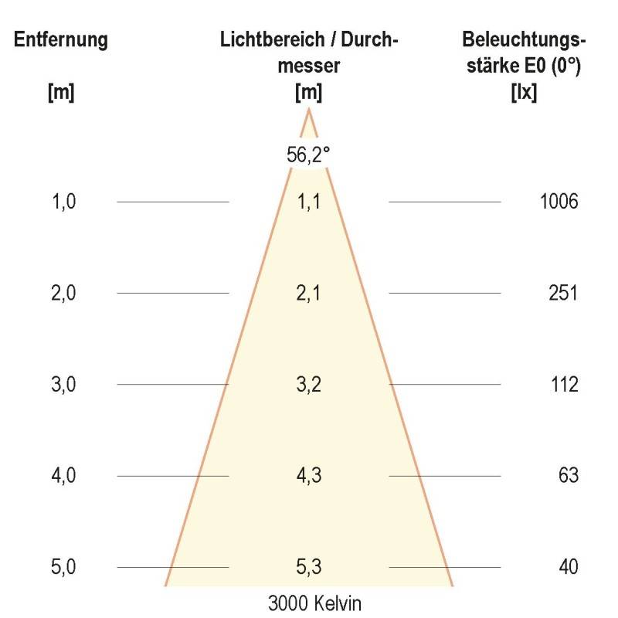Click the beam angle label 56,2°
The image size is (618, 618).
309,154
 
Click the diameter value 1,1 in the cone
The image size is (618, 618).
309,202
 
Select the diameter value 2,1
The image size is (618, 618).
309,294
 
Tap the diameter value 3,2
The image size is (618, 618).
309,385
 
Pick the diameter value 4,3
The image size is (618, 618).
309,476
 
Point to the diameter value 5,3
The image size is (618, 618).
309,567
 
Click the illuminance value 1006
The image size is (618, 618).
559,202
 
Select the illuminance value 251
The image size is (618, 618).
564,294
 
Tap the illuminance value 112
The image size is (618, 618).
564,385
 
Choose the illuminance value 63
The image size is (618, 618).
568,476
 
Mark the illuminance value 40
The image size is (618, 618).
568,567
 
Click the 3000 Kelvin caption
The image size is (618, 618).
309,603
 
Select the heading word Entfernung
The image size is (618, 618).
61,40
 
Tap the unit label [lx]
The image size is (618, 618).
525,92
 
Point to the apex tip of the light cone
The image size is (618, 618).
309,110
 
